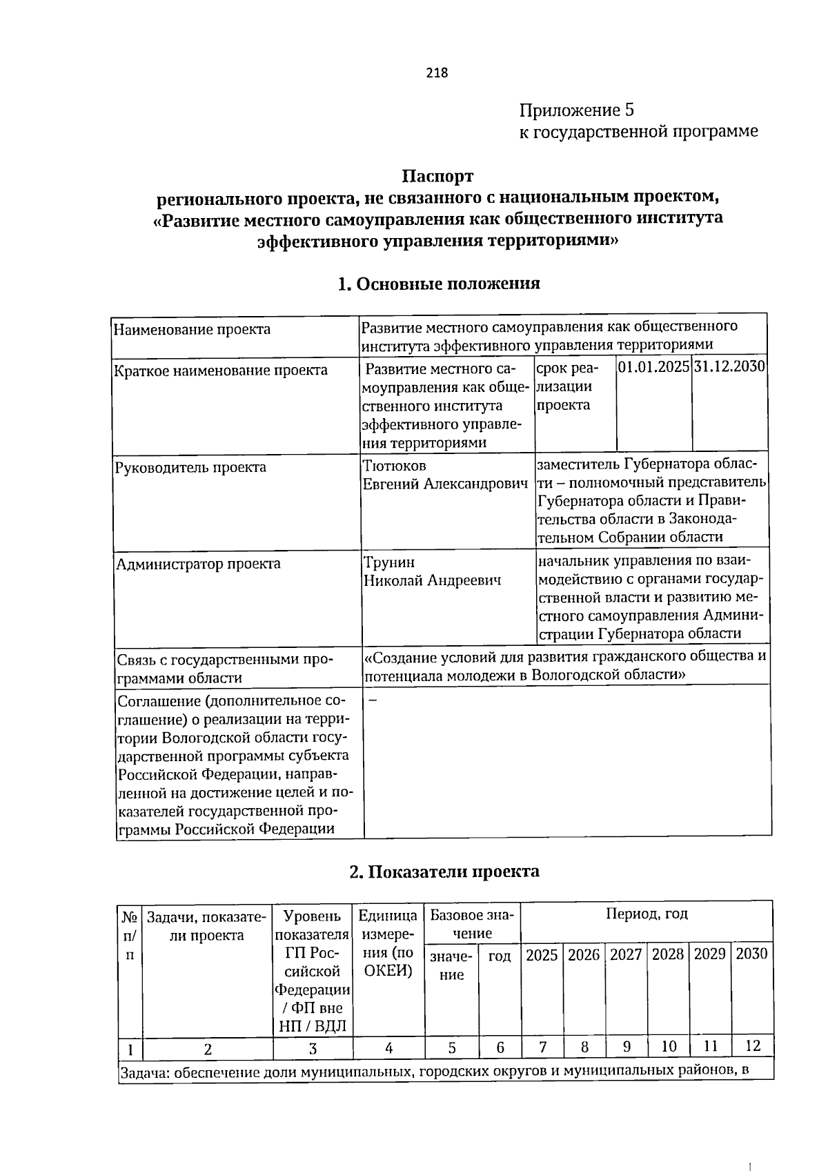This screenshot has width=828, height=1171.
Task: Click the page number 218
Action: pyautogui.click(x=437, y=72)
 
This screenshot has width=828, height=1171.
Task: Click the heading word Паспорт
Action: pyautogui.click(x=438, y=177)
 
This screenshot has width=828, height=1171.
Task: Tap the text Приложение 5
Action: pyautogui.click(x=576, y=110)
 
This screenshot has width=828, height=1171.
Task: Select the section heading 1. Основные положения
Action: pyautogui.click(x=438, y=284)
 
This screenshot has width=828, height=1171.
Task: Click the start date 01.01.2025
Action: pyautogui.click(x=654, y=366)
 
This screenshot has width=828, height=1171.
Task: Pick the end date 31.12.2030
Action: pyautogui.click(x=730, y=366)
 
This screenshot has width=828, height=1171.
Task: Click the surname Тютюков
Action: pyautogui.click(x=395, y=466)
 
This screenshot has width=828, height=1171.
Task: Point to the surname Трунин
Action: pyautogui.click(x=389, y=562)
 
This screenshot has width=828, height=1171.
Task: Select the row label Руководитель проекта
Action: pyautogui.click(x=190, y=468)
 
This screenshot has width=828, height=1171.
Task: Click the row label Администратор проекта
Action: pyautogui.click(x=198, y=564)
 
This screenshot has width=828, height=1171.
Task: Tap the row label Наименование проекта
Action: pyautogui.click(x=192, y=329)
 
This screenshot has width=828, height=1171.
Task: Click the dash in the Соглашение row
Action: pyautogui.click(x=373, y=700)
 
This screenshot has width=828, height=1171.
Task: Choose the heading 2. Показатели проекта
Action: pyautogui.click(x=444, y=872)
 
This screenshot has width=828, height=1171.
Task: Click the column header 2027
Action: pyautogui.click(x=626, y=954)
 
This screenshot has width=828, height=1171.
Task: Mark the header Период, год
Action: pyautogui.click(x=646, y=914)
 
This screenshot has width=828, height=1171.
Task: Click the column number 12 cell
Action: pyautogui.click(x=752, y=1045)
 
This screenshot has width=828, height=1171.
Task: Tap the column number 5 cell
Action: pyautogui.click(x=451, y=1047)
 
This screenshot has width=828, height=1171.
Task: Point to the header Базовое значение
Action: pyautogui.click(x=471, y=924)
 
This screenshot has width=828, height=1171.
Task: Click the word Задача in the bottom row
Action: pyautogui.click(x=144, y=1073)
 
